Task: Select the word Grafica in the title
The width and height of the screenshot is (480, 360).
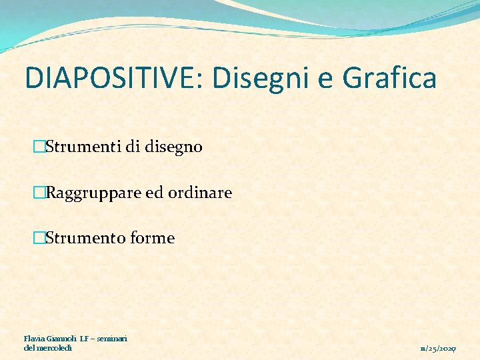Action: (389, 78)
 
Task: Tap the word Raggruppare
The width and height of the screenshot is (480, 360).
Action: (95, 193)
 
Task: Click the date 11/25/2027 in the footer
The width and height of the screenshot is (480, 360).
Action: (438, 349)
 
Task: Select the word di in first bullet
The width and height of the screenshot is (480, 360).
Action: (132, 147)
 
